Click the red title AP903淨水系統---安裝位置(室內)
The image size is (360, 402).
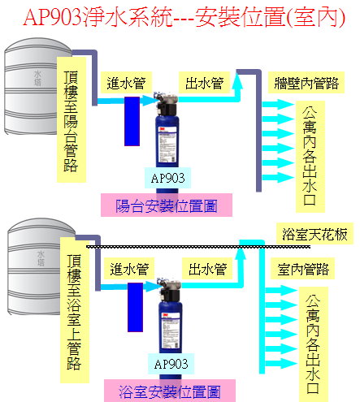click(184, 18)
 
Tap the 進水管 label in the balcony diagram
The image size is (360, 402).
click(126, 83)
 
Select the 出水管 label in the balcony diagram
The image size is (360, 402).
click(205, 83)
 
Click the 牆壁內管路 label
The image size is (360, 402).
click(306, 83)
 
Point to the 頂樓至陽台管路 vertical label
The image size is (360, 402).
click(72, 119)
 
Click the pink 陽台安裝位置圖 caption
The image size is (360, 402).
click(167, 205)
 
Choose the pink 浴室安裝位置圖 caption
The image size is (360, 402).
click(170, 391)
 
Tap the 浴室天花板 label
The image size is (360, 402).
click(314, 234)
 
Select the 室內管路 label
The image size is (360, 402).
click(302, 269)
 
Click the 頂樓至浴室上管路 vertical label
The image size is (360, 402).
click(75, 310)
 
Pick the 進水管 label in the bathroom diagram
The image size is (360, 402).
click(129, 269)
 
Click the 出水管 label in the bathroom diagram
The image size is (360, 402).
click(207, 269)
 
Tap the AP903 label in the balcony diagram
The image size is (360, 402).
click(167, 178)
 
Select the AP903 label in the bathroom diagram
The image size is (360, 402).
click(171, 364)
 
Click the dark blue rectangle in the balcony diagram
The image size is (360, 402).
click(132, 122)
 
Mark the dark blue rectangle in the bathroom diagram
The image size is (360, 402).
click(135, 307)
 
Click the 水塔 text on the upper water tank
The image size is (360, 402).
click(37, 78)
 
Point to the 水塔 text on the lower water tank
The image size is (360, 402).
click(41, 258)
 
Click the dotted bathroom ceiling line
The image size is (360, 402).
click(198, 247)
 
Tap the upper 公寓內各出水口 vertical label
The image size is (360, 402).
click(310, 157)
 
